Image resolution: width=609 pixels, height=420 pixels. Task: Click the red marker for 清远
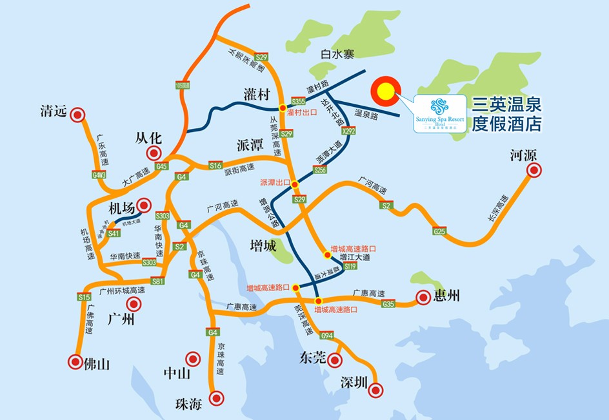tap(77, 115)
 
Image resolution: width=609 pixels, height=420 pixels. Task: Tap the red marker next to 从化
tap(154, 153)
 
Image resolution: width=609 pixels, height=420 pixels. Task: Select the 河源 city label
tap(523, 155)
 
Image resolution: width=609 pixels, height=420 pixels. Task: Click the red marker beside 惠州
tap(423, 297)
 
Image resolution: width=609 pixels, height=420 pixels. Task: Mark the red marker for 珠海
tap(216, 397)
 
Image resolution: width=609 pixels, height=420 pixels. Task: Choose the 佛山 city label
tap(97, 363)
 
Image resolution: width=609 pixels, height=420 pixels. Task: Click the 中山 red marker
tap(192, 358)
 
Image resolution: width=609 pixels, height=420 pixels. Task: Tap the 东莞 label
tap(312, 358)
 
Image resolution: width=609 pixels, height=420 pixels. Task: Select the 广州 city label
tap(121, 318)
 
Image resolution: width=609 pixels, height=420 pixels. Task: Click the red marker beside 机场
tap(145, 205)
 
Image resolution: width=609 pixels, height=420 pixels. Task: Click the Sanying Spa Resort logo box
tap(439, 113)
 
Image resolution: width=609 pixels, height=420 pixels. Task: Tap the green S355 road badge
tap(298, 101)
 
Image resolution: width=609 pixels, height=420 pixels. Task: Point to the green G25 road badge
tap(440, 231)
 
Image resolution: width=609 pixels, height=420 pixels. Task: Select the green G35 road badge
tap(388, 303)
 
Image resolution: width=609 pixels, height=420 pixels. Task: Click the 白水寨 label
tap(337, 55)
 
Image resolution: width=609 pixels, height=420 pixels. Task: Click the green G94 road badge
tap(326, 336)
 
